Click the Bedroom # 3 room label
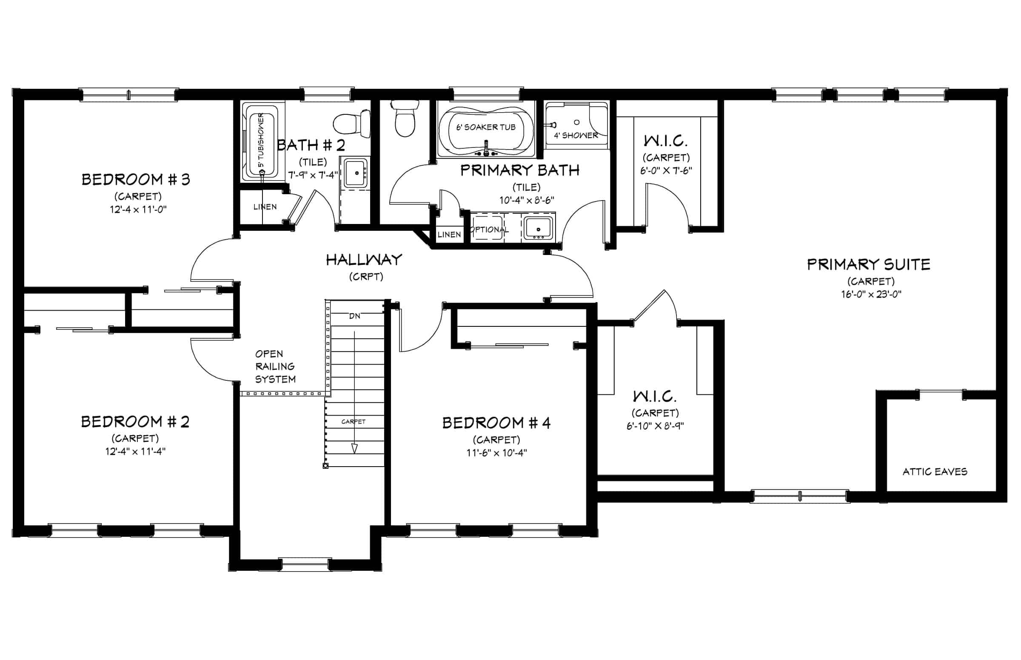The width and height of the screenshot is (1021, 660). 136,179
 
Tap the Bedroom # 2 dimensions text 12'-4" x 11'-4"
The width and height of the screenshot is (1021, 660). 136,451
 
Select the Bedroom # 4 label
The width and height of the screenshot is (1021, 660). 496,423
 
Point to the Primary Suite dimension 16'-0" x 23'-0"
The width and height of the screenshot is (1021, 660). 871,295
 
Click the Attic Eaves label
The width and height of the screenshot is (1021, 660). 935,472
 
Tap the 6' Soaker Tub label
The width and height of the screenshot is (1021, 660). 486,127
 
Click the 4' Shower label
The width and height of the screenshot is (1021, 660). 576,136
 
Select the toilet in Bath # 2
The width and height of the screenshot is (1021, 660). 352,123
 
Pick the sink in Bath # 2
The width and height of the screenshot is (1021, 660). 356,173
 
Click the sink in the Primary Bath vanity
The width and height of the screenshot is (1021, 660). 538,228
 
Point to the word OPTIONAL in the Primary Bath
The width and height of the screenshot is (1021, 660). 489,230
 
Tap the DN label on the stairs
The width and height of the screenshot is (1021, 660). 355,316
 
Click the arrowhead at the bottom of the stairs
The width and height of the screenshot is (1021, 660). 354,448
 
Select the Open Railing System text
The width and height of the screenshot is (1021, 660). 275,366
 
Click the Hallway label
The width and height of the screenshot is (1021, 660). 364,260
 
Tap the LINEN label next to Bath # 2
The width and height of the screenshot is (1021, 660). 265,207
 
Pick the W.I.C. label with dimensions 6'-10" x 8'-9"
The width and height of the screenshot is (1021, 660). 655,397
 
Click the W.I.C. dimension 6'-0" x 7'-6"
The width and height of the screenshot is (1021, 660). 666,170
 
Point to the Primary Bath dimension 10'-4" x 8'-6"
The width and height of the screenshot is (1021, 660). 527,200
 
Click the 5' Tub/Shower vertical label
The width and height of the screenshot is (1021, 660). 261,141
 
